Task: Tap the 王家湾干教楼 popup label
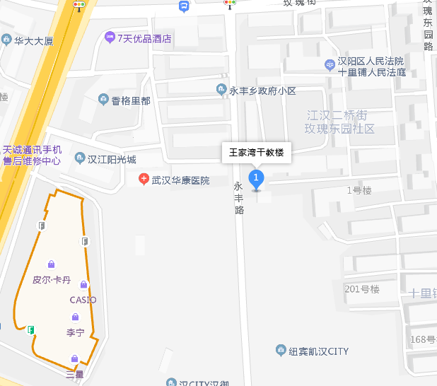pos(256,153)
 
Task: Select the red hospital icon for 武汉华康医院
pos(144,180)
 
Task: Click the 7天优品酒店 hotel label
pos(144,38)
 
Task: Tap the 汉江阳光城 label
pos(112,160)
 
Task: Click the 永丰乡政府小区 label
pos(262,90)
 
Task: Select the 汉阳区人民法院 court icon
pos(330,65)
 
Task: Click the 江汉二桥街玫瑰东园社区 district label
pos(339,122)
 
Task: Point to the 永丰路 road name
pos(238,198)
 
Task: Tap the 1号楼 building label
pos(359,190)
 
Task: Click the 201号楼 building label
pos(362,289)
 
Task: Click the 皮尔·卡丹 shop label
pos(52,279)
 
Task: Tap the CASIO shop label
pos(83,300)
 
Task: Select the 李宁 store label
pos(75,332)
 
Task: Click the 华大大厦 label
pos(33,41)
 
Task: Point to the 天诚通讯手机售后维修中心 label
pos(33,156)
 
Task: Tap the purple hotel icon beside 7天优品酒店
pos(109,37)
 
